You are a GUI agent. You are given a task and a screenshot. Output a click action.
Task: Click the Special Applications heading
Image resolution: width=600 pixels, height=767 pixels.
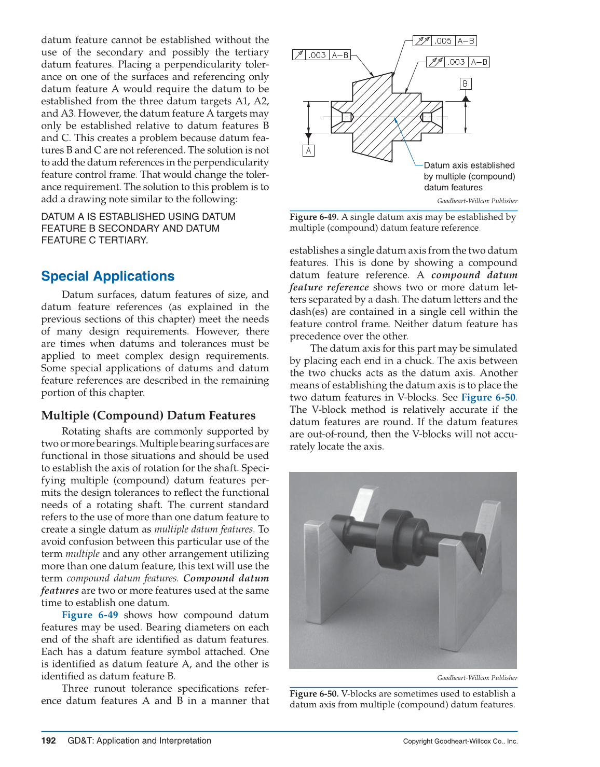pyautogui.click(x=108, y=276)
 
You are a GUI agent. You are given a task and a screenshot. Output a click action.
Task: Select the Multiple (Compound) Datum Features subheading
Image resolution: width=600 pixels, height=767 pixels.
pyautogui.click(x=148, y=415)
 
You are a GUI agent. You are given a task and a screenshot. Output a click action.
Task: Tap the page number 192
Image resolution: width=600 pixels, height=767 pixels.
pyautogui.click(x=48, y=741)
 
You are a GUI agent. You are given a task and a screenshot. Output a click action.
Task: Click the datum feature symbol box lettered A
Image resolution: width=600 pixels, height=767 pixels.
pyautogui.click(x=309, y=150)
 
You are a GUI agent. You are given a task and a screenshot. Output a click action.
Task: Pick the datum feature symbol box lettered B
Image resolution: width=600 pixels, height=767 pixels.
pyautogui.click(x=466, y=83)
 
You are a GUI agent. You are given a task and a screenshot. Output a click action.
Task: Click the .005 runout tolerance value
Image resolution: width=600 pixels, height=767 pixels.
pyautogui.click(x=443, y=40)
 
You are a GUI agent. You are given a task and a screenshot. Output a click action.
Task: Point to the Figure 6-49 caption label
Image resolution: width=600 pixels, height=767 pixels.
pyautogui.click(x=314, y=217)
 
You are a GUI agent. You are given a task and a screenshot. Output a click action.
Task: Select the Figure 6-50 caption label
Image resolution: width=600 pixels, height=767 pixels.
pyautogui.click(x=314, y=693)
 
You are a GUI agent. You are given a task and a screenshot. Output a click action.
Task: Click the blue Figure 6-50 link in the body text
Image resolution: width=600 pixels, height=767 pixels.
pyautogui.click(x=488, y=397)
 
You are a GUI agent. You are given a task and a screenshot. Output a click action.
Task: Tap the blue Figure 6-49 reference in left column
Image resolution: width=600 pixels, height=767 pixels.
pyautogui.click(x=90, y=615)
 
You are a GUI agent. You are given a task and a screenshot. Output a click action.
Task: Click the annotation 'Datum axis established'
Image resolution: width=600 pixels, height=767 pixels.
pyautogui.click(x=469, y=165)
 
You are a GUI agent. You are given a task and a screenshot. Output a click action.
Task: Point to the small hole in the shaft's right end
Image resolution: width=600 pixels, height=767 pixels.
pyautogui.click(x=480, y=550)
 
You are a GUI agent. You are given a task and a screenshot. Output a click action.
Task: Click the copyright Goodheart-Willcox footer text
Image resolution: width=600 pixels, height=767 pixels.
pyautogui.click(x=460, y=741)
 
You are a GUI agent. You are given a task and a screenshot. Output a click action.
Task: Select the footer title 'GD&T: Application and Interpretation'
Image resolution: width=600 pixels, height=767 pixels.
pyautogui.click(x=140, y=741)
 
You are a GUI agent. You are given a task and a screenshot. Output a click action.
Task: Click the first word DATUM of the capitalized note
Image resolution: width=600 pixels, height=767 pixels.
pyautogui.click(x=58, y=217)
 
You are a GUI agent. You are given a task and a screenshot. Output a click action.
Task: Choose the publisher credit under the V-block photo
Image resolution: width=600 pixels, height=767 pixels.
pyautogui.click(x=477, y=678)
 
